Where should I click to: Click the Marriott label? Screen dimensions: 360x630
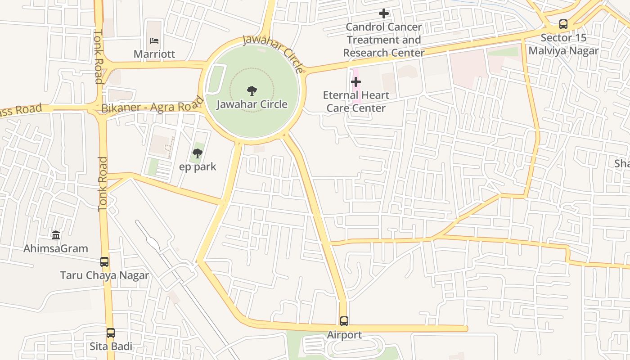point(154,54)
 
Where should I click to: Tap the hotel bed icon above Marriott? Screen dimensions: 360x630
point(154,40)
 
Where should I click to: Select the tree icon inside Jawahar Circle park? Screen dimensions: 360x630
point(252,90)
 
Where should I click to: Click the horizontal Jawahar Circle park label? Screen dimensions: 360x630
point(252,104)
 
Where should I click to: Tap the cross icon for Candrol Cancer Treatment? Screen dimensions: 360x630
point(383,13)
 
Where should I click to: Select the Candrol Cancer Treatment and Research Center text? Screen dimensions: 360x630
point(384,40)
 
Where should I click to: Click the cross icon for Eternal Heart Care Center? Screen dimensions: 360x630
point(356,82)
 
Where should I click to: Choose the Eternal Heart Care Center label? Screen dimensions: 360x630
point(356,102)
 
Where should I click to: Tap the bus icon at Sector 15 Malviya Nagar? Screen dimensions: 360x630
point(563,24)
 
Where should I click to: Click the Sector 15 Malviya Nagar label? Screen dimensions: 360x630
point(563,44)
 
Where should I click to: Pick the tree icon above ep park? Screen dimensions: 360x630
point(198,153)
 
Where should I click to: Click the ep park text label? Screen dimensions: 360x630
point(198,167)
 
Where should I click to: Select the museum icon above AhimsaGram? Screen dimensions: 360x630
point(56,235)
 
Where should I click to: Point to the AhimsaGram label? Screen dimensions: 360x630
point(56,248)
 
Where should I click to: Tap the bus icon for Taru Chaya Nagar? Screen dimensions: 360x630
point(104,262)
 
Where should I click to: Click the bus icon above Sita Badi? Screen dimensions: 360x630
point(111,333)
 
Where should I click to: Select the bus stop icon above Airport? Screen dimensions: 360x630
point(344,321)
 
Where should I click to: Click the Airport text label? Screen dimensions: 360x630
point(344,335)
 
